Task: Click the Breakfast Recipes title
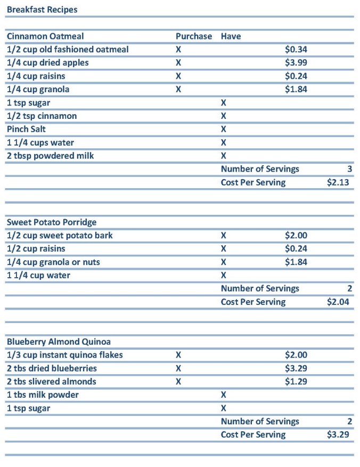click(42, 10)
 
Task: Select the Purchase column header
click(194, 36)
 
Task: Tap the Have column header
click(231, 36)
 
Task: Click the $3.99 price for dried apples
click(296, 63)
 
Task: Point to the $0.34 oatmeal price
click(296, 50)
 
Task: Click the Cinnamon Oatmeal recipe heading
click(45, 36)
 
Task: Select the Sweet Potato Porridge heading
click(52, 222)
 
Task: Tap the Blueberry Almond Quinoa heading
click(59, 342)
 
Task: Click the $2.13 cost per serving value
click(338, 182)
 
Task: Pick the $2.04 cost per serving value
click(338, 302)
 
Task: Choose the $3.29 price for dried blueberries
click(296, 368)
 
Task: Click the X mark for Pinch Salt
click(224, 129)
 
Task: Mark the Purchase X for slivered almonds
click(178, 382)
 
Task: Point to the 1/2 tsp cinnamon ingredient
click(42, 116)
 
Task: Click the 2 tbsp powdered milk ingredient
click(50, 156)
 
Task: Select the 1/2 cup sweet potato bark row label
click(60, 236)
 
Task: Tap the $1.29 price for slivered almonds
click(296, 382)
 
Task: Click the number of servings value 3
click(350, 169)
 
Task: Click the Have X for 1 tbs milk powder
click(224, 395)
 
